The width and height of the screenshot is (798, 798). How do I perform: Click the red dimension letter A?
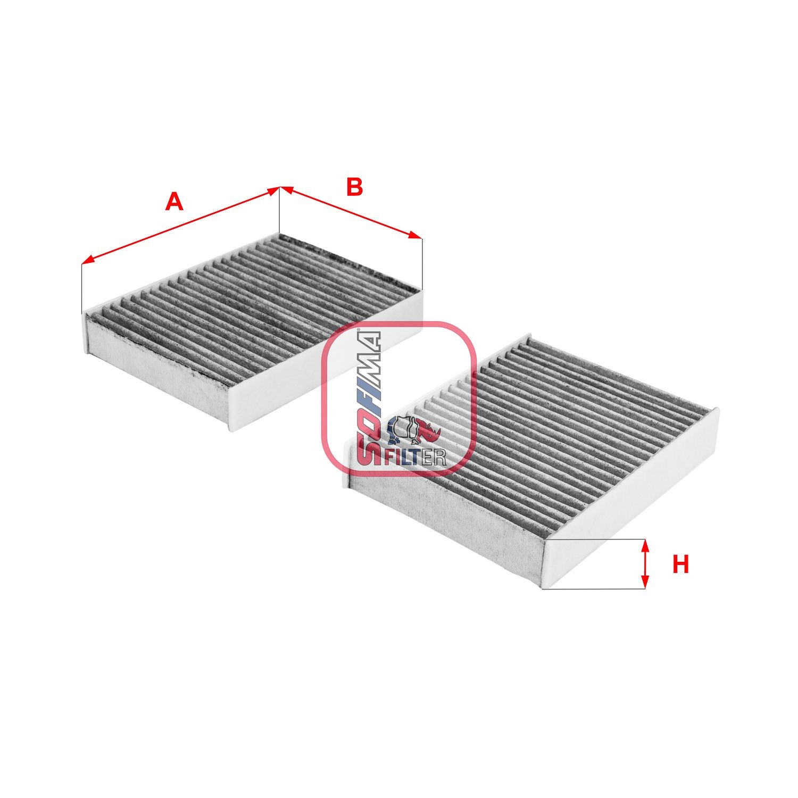coord(174,202)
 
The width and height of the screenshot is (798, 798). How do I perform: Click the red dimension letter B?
coord(354,187)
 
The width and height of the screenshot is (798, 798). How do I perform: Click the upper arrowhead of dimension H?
coord(645,544)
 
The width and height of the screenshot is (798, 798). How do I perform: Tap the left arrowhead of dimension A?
coord(87,261)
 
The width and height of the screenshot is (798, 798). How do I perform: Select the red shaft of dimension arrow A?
coord(181,224)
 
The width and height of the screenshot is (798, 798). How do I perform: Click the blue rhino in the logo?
coord(400,430)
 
